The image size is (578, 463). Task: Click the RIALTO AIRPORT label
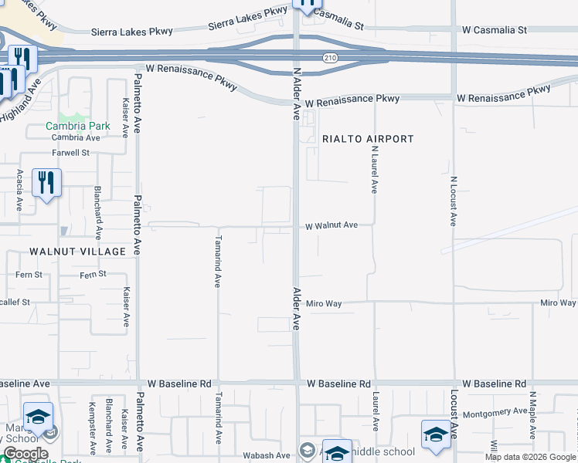point(368,139)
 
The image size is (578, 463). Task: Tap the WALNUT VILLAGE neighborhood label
point(77,252)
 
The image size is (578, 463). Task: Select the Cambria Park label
point(78,126)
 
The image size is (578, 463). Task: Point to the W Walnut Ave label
point(331,225)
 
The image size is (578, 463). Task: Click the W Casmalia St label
point(495,30)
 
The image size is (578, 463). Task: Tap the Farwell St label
point(71,153)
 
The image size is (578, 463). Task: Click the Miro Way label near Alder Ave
point(324,304)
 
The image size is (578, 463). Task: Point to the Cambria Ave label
point(76,137)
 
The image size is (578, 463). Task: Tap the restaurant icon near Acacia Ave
point(46,183)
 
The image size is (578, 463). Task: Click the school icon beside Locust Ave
point(435,434)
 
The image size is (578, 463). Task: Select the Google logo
point(25,454)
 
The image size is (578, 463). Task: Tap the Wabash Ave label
point(267,455)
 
